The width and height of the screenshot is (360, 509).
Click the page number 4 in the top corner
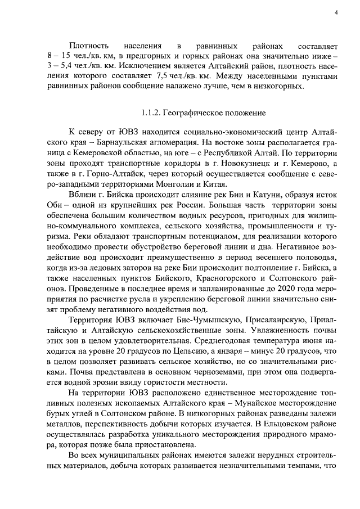(335, 12)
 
